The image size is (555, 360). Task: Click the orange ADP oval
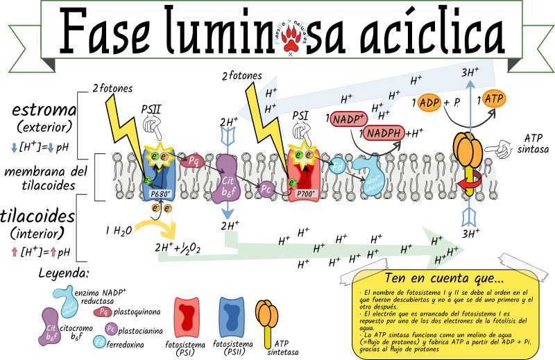point(429,103)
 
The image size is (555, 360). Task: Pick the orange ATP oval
point(494,98)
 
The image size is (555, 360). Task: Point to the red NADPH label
point(385,133)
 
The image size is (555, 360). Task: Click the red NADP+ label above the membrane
point(348,119)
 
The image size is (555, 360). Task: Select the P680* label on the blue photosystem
point(161,194)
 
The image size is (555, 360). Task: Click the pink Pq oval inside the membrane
point(194,161)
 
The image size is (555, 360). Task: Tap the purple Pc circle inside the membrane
point(266,187)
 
